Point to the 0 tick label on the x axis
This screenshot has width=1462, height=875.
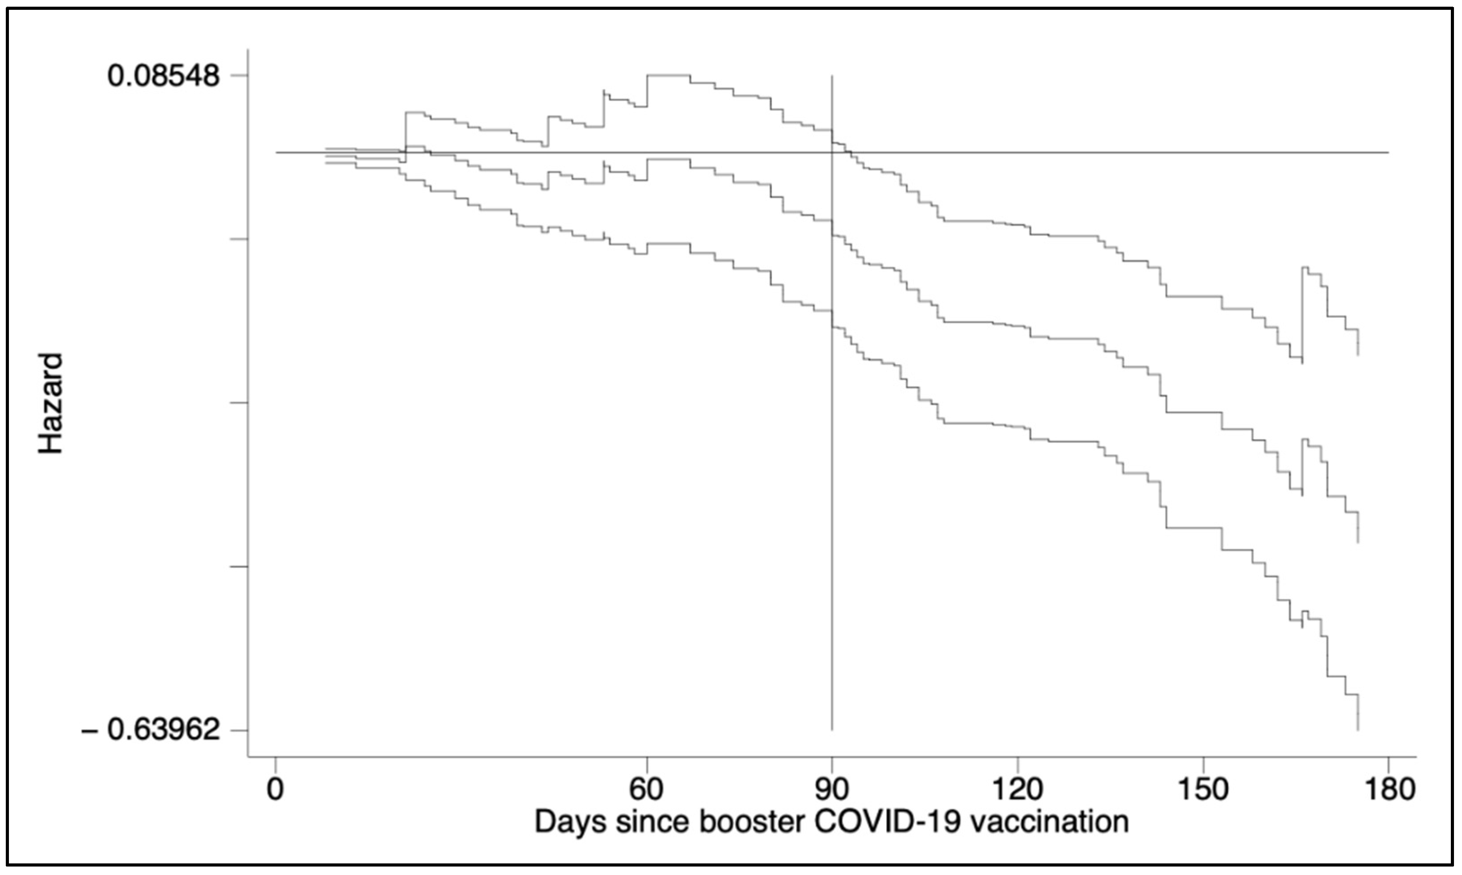pyautogui.click(x=275, y=789)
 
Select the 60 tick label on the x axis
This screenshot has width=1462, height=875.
pyautogui.click(x=647, y=789)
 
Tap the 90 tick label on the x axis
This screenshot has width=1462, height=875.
pyautogui.click(x=832, y=789)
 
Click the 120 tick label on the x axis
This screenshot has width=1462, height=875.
pyautogui.click(x=1017, y=789)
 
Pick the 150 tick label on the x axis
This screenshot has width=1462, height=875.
pyautogui.click(x=1203, y=789)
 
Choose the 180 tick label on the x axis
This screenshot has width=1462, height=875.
pyautogui.click(x=1389, y=789)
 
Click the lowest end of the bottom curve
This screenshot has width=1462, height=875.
pyautogui.click(x=1358, y=729)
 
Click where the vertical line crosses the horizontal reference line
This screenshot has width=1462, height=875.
pyautogui.click(x=832, y=153)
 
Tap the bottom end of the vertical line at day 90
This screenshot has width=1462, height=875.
pyautogui.click(x=832, y=729)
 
